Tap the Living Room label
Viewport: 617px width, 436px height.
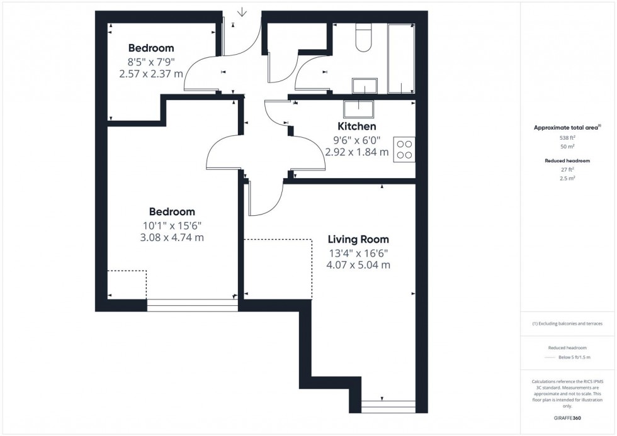pyautogui.click(x=358, y=240)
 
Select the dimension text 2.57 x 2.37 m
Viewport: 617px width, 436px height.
pyautogui.click(x=151, y=74)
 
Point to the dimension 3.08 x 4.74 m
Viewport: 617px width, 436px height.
pyautogui.click(x=172, y=238)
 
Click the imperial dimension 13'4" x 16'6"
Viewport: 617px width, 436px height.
pyautogui.click(x=358, y=254)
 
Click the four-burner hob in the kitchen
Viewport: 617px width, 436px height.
pyautogui.click(x=404, y=149)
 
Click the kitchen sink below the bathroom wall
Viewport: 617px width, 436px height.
pyautogui.click(x=358, y=108)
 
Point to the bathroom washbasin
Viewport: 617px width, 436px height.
pyautogui.click(x=365, y=86)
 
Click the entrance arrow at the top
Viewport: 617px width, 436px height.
pyautogui.click(x=242, y=12)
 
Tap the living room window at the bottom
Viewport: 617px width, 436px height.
pyautogui.click(x=388, y=406)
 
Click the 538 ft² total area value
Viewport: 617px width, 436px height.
pyautogui.click(x=567, y=137)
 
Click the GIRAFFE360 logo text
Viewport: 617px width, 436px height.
pyautogui.click(x=567, y=416)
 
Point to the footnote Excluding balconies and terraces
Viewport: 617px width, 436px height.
pyautogui.click(x=567, y=323)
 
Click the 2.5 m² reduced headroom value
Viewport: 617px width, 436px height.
pyautogui.click(x=567, y=178)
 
